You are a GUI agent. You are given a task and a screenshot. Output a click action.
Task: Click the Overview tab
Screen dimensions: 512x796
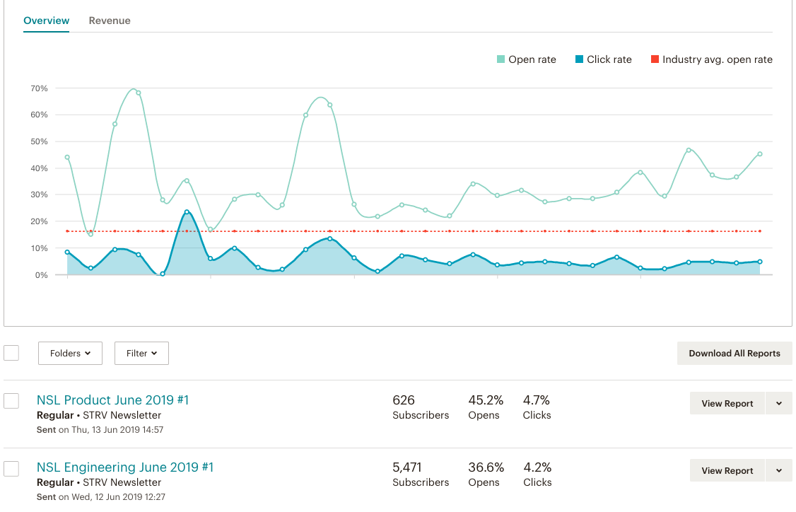(47, 21)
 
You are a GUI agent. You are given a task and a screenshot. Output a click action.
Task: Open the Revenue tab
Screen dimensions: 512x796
(110, 21)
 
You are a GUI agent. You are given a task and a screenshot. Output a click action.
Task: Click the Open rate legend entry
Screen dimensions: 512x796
(526, 59)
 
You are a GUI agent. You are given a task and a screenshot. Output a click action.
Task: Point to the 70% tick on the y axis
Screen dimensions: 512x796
(39, 88)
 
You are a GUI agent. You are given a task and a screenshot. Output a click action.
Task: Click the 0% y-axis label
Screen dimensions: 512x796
(41, 274)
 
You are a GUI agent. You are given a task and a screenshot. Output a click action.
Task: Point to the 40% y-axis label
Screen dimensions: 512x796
(39, 168)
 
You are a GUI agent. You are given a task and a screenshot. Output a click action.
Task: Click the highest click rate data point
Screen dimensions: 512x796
(187, 211)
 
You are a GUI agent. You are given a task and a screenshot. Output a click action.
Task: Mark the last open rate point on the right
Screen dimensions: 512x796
(760, 153)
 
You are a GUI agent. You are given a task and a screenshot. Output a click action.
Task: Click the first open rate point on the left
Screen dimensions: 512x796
(67, 157)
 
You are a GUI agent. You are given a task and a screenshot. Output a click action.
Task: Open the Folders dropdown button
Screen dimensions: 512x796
(70, 353)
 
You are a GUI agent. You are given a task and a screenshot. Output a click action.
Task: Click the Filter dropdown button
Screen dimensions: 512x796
(141, 353)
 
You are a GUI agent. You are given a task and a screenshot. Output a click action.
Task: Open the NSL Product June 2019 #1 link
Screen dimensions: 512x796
(112, 400)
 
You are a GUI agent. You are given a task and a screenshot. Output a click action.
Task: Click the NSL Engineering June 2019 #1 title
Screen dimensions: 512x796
(124, 467)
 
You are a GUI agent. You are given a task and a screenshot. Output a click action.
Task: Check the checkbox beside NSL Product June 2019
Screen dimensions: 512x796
(11, 401)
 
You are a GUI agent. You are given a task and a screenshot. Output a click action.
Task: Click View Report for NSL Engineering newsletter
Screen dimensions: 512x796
(727, 470)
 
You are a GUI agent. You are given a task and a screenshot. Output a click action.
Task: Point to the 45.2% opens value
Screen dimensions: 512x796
(486, 400)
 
